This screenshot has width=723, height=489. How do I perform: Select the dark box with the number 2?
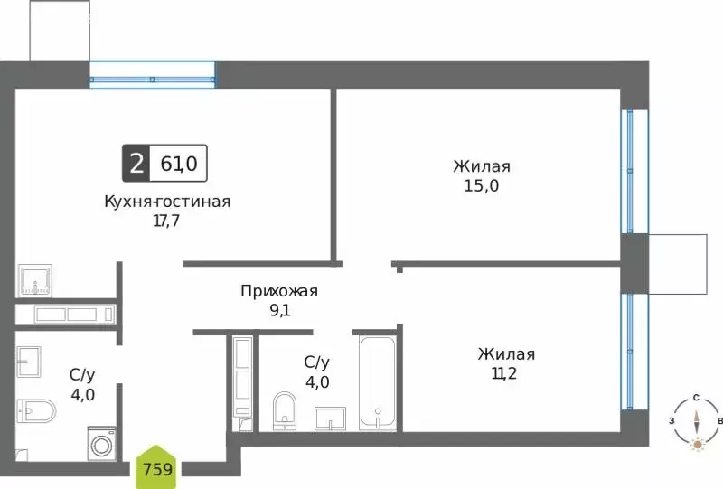[136, 165]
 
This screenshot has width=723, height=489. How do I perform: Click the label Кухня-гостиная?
[167, 202]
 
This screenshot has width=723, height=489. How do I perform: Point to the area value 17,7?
[167, 220]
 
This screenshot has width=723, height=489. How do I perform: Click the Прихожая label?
[279, 291]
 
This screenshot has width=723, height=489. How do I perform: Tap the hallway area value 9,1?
[279, 311]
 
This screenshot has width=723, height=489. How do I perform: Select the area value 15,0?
[482, 186]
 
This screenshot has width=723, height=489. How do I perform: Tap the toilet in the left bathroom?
[35, 411]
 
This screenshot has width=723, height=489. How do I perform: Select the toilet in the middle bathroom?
[285, 411]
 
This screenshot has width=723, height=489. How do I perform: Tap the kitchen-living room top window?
[152, 76]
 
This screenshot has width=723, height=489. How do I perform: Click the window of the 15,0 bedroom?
[634, 172]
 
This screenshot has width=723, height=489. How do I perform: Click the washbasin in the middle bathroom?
[331, 418]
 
